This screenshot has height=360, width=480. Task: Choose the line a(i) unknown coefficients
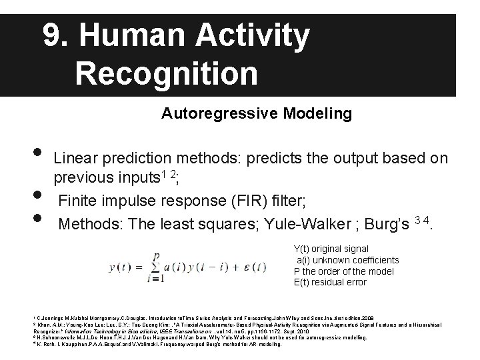point(347,259)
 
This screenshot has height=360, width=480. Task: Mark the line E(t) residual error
point(330,282)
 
